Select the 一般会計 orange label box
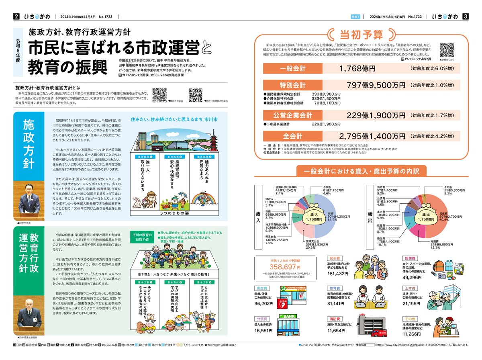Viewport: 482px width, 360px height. (292, 69)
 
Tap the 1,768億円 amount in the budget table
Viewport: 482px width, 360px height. (357, 69)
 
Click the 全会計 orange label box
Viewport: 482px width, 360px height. (292, 136)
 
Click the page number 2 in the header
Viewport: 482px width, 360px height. (16, 16)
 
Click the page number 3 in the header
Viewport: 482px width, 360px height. (465, 16)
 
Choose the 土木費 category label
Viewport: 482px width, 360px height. (410, 288)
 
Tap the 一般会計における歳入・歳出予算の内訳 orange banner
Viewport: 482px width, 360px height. (361, 172)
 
